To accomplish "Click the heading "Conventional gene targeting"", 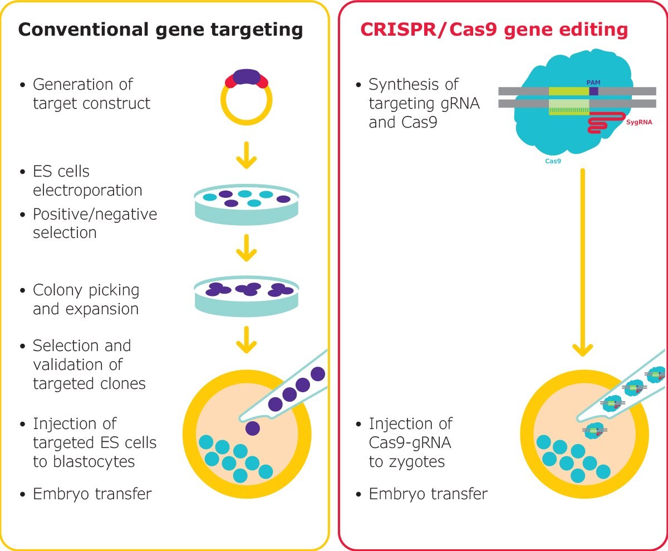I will click(x=160, y=30).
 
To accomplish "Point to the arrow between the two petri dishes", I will click(x=246, y=250).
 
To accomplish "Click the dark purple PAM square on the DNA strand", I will click(x=594, y=91).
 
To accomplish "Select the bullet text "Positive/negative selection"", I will click(x=95, y=223).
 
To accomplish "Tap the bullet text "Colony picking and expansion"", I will click(x=86, y=299).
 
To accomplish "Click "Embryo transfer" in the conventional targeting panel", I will click(x=92, y=494).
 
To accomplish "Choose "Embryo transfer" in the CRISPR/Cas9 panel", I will click(x=428, y=494).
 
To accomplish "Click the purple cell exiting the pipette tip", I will click(x=253, y=428).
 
